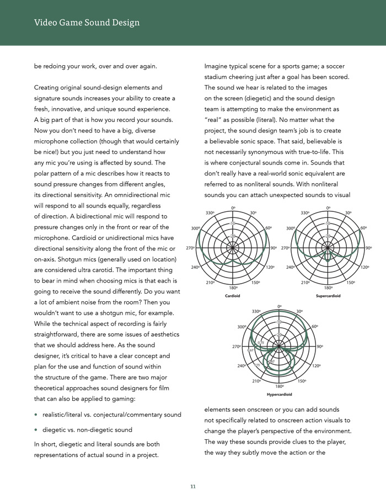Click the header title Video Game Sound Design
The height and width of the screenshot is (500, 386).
click(x=87, y=23)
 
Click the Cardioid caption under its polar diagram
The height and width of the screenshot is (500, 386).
click(x=232, y=296)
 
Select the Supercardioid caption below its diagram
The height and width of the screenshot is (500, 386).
click(x=328, y=296)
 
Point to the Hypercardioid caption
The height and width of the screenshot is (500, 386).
click(x=280, y=395)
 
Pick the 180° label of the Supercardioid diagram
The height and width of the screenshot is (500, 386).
click(x=328, y=288)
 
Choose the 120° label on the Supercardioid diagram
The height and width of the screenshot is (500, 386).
click(x=364, y=268)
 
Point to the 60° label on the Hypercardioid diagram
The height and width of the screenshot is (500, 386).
click(x=315, y=327)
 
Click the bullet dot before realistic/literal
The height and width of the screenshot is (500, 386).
click(x=36, y=414)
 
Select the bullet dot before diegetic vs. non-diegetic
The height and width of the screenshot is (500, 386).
click(x=36, y=430)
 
